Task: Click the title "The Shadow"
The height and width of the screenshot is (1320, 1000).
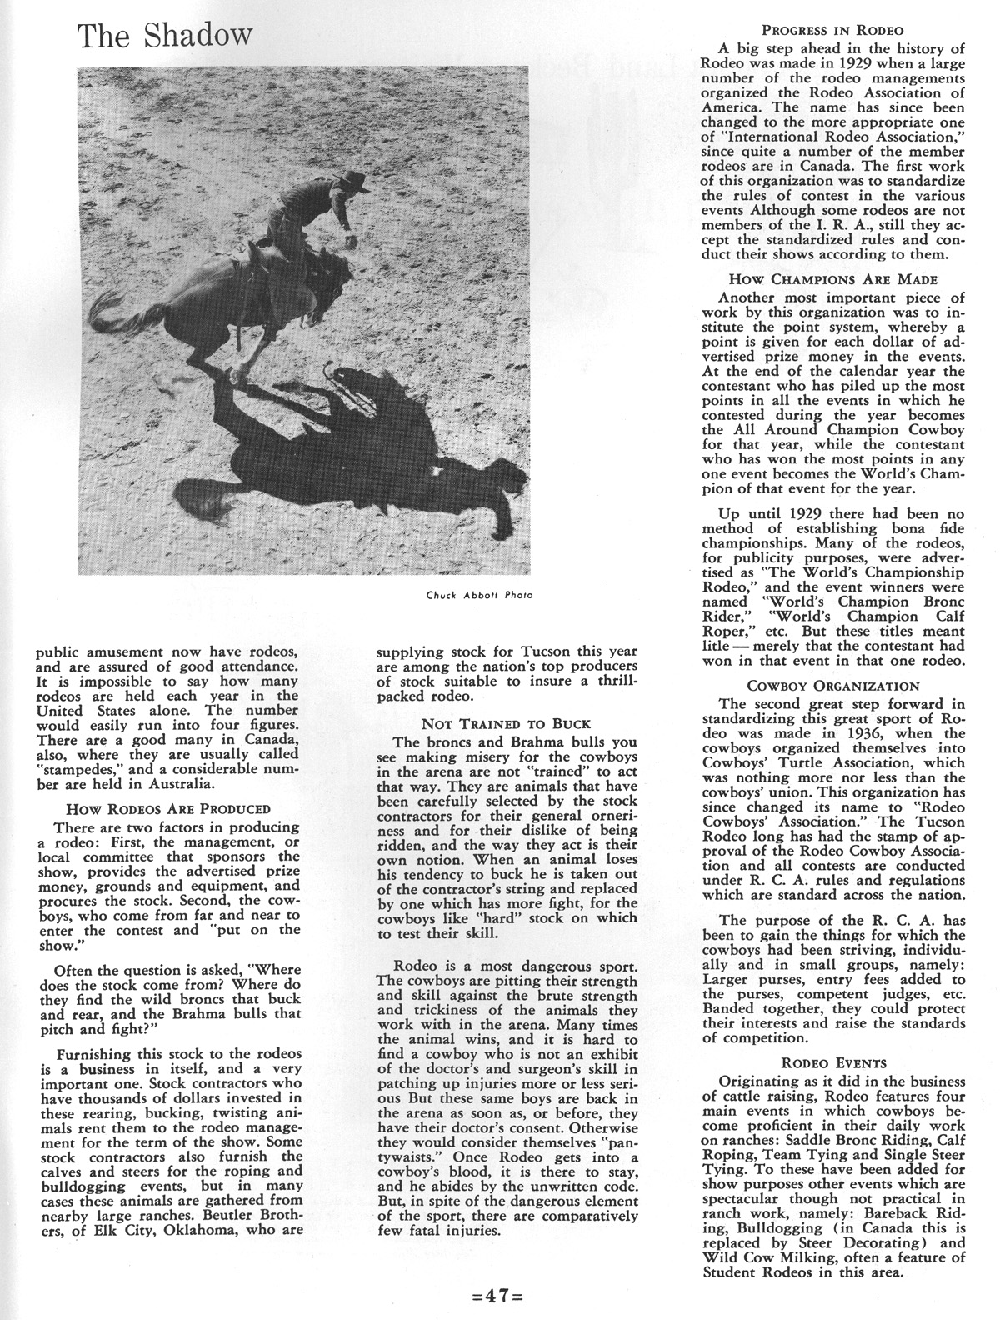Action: (x=164, y=34)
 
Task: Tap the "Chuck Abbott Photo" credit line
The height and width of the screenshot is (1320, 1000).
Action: (x=477, y=595)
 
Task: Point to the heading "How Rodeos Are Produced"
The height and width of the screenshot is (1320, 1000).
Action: (x=167, y=808)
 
